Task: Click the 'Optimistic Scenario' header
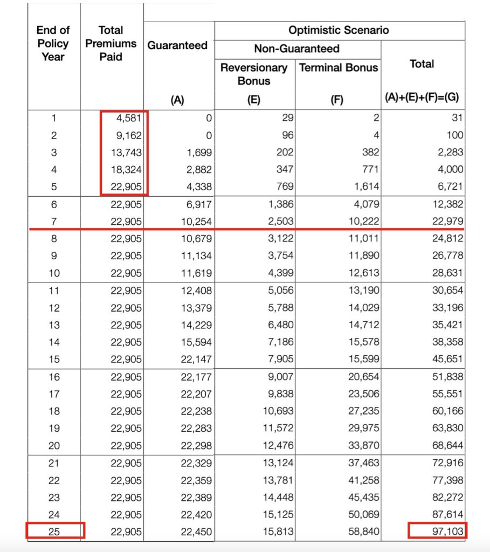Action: (x=339, y=30)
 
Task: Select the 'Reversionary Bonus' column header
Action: (x=254, y=74)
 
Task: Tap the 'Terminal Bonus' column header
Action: (x=339, y=68)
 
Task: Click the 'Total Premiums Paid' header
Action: (x=111, y=43)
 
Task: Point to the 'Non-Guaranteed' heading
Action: (x=297, y=49)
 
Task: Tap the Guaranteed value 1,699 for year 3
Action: (x=197, y=152)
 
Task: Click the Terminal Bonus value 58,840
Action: (x=363, y=532)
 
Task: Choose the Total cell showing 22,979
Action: (x=447, y=221)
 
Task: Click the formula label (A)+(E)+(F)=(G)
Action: (x=422, y=99)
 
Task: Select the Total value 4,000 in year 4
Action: (x=450, y=169)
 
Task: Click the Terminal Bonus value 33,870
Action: (x=363, y=446)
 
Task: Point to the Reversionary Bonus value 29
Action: (x=288, y=118)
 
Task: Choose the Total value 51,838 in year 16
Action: (x=447, y=377)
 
